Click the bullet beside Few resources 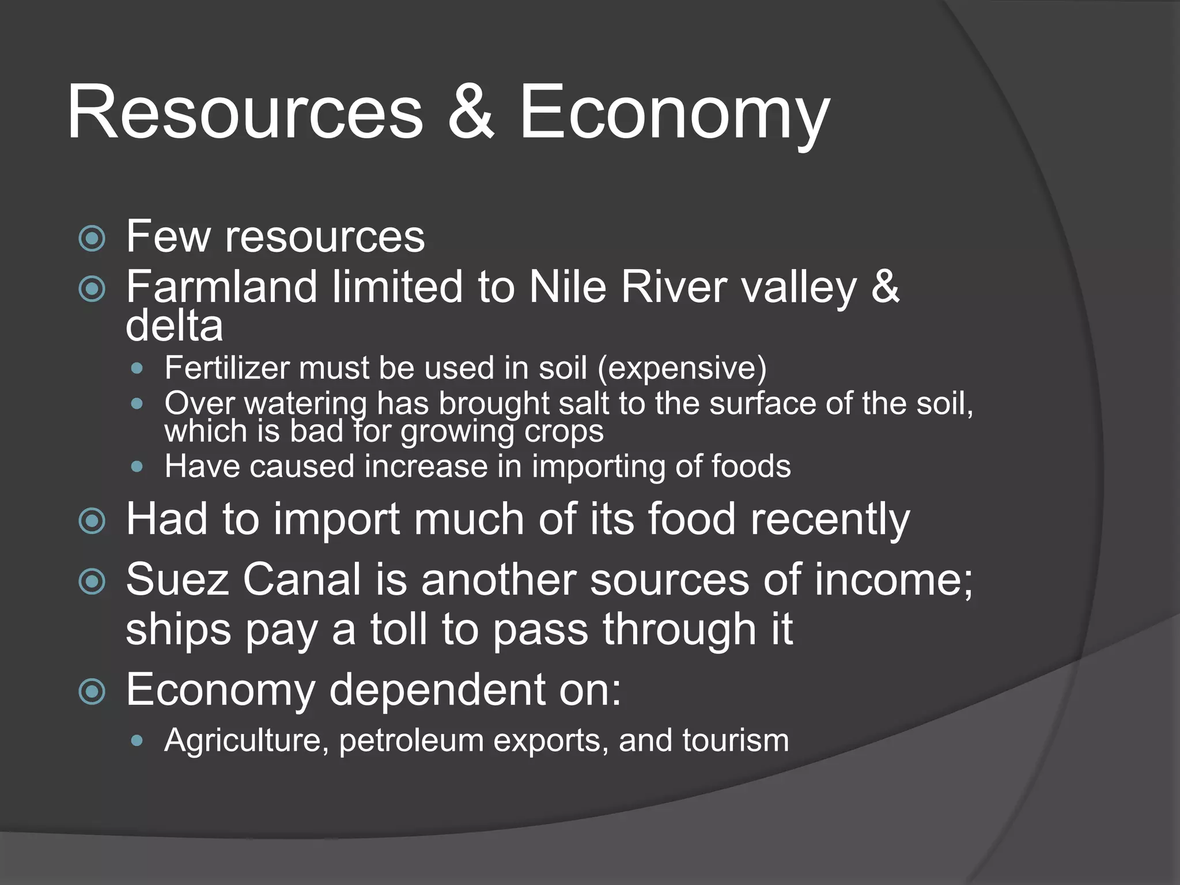click(x=92, y=238)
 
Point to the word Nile click(x=568, y=286)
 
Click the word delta click(x=174, y=326)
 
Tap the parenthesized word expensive click(x=682, y=368)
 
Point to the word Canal click(x=301, y=579)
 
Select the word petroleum click(x=411, y=740)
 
